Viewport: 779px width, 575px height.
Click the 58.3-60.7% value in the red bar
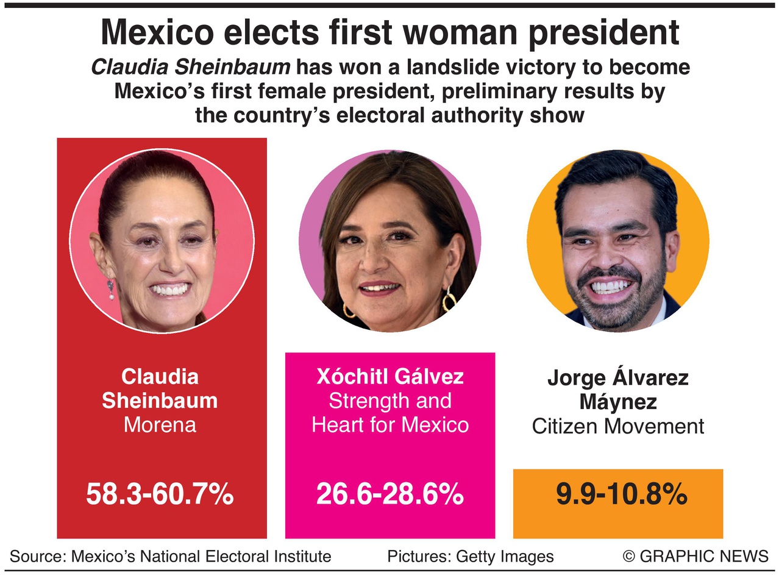pyautogui.click(x=160, y=495)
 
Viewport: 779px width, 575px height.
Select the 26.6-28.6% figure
pyautogui.click(x=389, y=495)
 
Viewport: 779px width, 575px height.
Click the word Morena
pyautogui.click(x=160, y=424)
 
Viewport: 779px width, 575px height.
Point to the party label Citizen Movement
pyautogui.click(x=618, y=426)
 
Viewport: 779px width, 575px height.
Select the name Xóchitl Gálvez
pyautogui.click(x=390, y=376)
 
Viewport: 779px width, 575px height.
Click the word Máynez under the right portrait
pyautogui.click(x=618, y=402)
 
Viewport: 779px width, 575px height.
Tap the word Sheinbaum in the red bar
pyautogui.click(x=160, y=401)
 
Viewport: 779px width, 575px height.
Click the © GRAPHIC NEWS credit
pyautogui.click(x=695, y=556)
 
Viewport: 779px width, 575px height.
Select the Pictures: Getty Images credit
pyautogui.click(x=470, y=556)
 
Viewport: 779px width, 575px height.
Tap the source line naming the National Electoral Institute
pyautogui.click(x=171, y=556)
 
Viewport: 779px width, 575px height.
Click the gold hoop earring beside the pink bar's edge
pyautogui.click(x=449, y=300)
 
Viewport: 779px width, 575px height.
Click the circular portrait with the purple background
pyautogui.click(x=390, y=241)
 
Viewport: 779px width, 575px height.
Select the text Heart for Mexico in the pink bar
pyautogui.click(x=390, y=424)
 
